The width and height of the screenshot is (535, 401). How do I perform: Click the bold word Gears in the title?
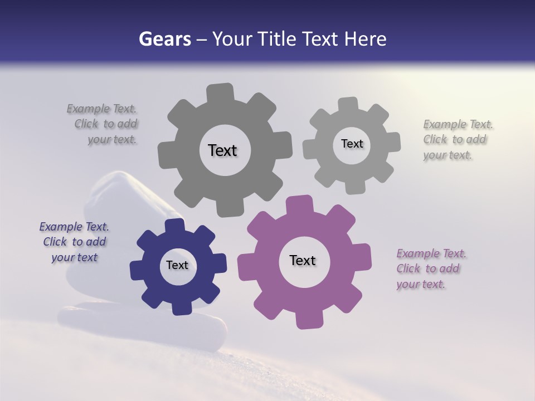pos(164,39)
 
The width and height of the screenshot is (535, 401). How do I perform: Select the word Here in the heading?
pos(365,39)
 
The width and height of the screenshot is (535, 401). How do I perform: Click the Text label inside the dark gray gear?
pos(222,150)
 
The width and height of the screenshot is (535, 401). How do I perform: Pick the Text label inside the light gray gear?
pos(352,144)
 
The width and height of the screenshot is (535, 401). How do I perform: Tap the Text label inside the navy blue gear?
pos(177,265)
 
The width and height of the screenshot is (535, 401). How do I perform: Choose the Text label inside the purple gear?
pos(303,260)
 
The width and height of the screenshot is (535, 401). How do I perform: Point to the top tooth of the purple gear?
pos(300,204)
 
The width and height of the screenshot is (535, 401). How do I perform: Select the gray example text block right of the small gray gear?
pos(455,140)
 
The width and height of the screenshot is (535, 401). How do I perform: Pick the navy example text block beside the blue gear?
pos(74,242)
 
